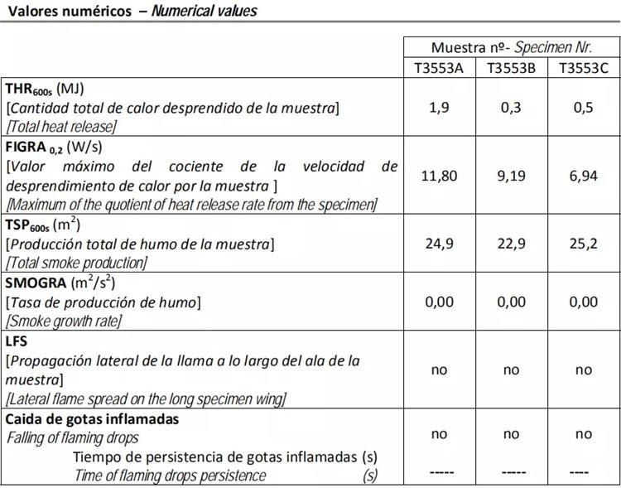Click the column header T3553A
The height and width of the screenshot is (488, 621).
[439, 68]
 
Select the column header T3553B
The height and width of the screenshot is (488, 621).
[511, 68]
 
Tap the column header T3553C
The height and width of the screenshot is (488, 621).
[583, 68]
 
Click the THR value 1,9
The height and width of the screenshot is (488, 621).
[439, 108]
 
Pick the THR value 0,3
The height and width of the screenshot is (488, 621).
[511, 108]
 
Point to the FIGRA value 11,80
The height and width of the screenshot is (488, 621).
[439, 176]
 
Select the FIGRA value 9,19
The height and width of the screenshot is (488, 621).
[511, 176]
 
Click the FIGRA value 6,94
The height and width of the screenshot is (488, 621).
[583, 176]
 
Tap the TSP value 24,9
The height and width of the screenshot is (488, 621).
[439, 244]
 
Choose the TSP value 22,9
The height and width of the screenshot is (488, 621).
[511, 244]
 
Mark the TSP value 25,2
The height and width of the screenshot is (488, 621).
[583, 244]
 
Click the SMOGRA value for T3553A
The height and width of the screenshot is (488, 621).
[439, 302]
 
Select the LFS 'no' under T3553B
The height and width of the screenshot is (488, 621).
[511, 370]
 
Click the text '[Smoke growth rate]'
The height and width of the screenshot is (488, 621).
[64, 321]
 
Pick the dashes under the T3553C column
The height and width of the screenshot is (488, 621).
[583, 472]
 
